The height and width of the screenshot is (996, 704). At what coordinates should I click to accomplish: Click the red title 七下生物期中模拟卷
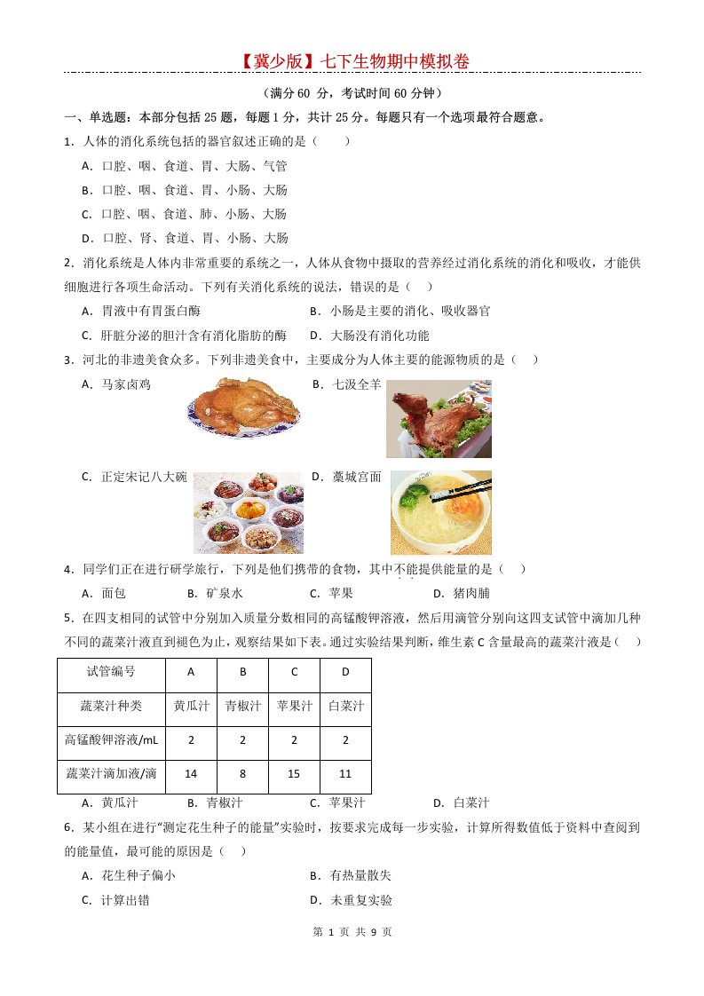352,60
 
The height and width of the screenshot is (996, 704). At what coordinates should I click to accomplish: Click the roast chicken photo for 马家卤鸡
244,410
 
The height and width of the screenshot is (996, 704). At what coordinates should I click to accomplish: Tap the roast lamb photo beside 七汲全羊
439,419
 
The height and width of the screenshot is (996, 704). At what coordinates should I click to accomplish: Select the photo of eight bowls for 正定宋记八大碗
249,512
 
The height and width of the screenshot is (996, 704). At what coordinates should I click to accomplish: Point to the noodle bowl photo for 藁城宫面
441,512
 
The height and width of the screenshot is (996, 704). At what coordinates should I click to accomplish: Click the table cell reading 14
191,774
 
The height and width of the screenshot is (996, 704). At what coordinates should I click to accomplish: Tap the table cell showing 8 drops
242,774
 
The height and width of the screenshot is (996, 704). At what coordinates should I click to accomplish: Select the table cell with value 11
345,774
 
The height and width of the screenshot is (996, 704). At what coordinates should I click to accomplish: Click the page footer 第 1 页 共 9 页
352,932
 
